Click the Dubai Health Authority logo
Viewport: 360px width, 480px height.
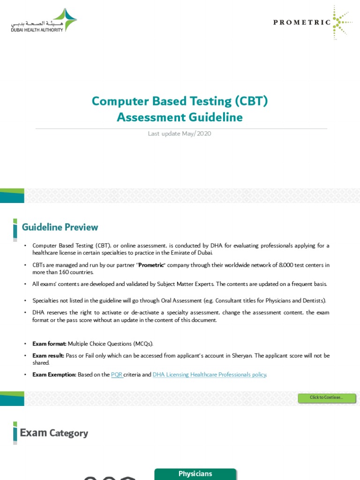click(x=44, y=21)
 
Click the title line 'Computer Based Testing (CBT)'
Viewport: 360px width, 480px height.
click(x=180, y=101)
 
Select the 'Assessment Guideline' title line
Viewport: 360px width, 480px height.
click(x=180, y=117)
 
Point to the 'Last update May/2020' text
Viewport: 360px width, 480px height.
click(x=180, y=134)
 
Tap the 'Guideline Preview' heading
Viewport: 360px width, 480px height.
click(x=60, y=227)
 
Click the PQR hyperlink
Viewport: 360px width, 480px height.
click(x=117, y=375)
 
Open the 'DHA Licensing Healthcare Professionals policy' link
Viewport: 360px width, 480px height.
click(x=209, y=375)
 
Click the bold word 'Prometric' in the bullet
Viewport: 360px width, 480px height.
click(x=151, y=265)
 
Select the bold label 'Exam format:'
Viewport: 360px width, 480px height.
click(x=49, y=344)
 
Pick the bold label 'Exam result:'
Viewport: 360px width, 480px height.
click(x=48, y=356)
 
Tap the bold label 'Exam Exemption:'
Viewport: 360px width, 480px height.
click(x=54, y=375)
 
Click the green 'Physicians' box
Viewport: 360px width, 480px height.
click(x=195, y=474)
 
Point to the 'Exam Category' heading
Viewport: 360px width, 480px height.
click(x=54, y=433)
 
